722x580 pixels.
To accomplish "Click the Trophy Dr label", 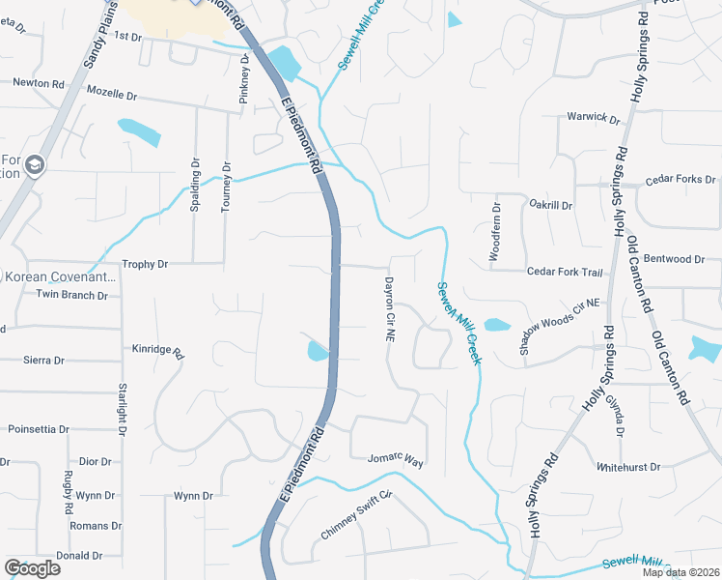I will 145,264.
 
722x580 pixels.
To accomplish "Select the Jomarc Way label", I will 396,461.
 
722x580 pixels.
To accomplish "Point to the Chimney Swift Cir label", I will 360,517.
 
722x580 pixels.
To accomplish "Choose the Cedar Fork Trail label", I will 564,273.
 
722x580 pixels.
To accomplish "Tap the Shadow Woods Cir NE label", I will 560,328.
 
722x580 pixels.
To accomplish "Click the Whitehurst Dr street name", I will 627,466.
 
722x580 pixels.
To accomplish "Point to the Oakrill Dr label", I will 551,206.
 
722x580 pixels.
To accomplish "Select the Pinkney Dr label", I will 244,78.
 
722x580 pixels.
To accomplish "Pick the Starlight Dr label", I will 123,410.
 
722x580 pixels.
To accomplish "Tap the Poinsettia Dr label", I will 39,428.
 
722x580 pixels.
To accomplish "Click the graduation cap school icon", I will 36,165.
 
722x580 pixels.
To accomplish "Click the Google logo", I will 32,567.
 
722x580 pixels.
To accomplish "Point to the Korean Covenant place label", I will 60,276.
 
